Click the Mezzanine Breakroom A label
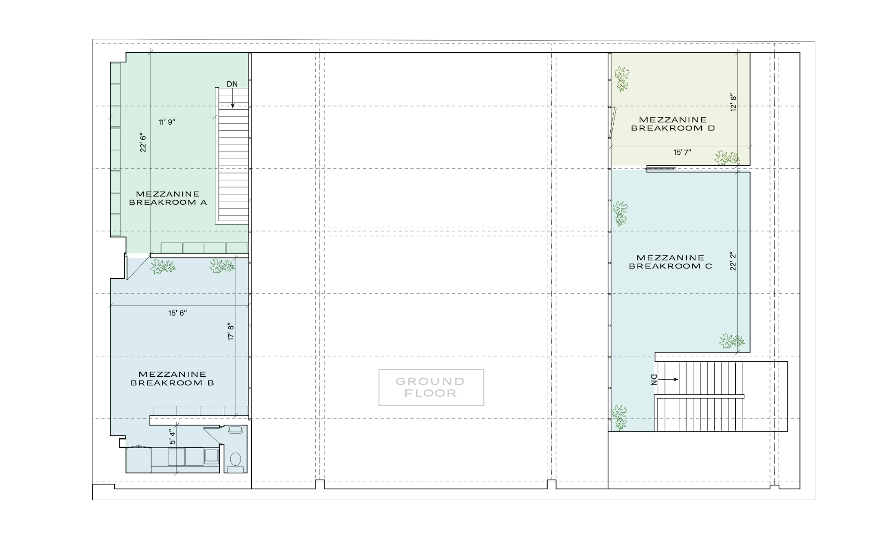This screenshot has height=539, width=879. click(x=168, y=198)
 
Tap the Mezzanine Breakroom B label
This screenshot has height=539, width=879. click(x=172, y=378)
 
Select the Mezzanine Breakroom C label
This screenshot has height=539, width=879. click(x=670, y=262)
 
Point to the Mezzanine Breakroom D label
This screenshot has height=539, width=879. click(x=673, y=124)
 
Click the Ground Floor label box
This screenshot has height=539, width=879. click(x=431, y=387)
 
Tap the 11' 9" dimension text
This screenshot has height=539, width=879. click(x=167, y=122)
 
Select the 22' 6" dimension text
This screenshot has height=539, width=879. click(x=143, y=142)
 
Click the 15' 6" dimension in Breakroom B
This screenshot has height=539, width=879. click(x=177, y=313)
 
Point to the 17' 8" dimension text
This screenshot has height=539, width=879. click(x=231, y=332)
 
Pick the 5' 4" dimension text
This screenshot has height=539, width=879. click(x=172, y=437)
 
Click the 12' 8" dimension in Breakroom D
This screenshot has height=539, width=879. click(x=733, y=103)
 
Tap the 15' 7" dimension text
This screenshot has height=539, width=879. click(x=682, y=152)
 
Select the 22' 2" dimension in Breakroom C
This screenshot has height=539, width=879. click(x=733, y=261)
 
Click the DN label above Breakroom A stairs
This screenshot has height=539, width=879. click(x=232, y=84)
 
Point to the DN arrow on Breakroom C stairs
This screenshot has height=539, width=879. click(x=668, y=379)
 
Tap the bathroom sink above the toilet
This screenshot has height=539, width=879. click(x=235, y=429)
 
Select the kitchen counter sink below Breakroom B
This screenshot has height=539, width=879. click(x=211, y=456)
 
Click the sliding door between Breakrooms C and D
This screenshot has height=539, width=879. click(x=661, y=169)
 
